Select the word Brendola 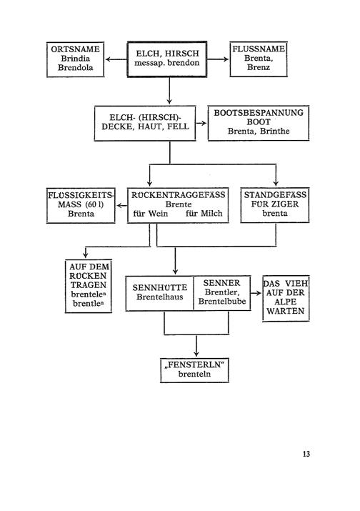(75, 68)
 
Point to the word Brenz (259, 67)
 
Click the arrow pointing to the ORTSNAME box (116, 59)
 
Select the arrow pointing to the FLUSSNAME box (218, 59)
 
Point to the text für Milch (204, 214)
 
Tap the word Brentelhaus (159, 297)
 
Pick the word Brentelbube (222, 301)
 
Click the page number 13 (306, 454)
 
